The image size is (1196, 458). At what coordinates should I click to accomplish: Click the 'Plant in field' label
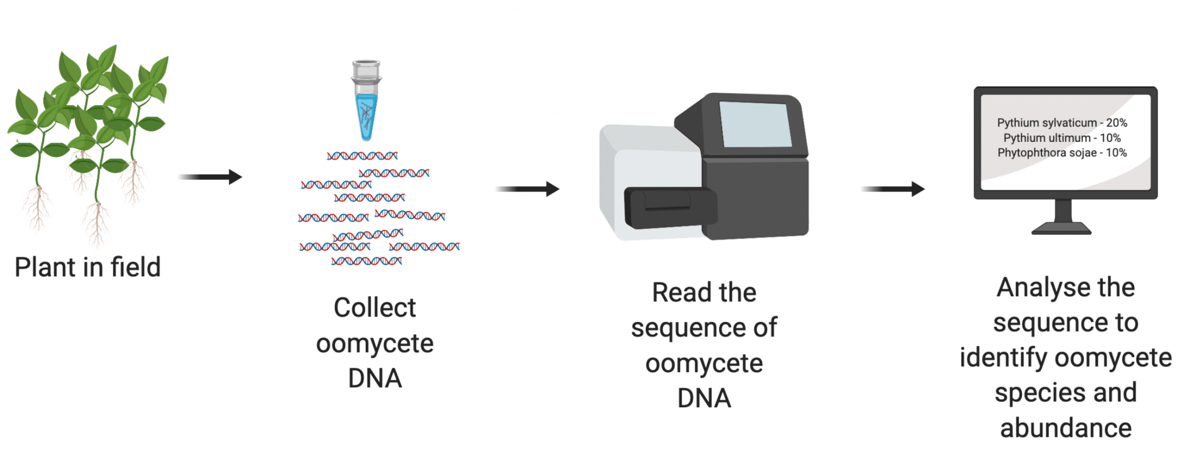click(88, 267)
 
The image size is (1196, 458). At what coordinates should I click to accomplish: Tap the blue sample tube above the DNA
click(366, 101)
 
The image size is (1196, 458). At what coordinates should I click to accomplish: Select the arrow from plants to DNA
click(210, 177)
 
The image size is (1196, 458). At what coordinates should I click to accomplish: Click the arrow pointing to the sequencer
click(528, 189)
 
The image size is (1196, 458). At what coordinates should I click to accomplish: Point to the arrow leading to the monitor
click(893, 189)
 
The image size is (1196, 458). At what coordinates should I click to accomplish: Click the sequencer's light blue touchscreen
click(755, 124)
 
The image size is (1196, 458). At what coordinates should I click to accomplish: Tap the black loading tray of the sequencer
click(671, 208)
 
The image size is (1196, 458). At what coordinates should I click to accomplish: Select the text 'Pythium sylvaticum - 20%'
click(1062, 122)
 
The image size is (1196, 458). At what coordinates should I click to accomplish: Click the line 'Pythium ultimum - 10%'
click(1062, 137)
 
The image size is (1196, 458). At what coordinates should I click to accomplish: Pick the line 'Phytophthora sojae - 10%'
click(1062, 152)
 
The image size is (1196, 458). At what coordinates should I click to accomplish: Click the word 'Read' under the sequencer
click(680, 292)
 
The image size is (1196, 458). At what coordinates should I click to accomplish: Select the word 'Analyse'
click(1039, 288)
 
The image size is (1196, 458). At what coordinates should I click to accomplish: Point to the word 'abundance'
click(1066, 428)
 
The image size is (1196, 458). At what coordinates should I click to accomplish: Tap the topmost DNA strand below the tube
click(362, 156)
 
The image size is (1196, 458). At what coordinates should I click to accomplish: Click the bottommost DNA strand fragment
click(367, 261)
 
